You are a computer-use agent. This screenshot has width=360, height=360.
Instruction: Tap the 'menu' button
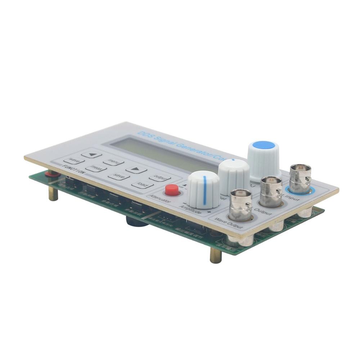[113, 162]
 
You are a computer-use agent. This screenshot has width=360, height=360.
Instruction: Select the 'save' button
[119, 176]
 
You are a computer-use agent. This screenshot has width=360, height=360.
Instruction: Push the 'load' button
[142, 185]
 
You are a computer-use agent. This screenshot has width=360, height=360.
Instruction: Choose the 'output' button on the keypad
[160, 177]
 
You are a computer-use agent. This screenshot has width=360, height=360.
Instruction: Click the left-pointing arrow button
[91, 154]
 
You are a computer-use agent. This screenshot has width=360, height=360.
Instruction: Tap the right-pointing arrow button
[136, 169]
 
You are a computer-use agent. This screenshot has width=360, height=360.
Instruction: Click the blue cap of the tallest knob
[264, 145]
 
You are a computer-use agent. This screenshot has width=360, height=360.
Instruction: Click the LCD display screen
[162, 154]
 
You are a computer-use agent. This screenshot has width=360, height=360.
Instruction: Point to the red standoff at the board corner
[52, 174]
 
